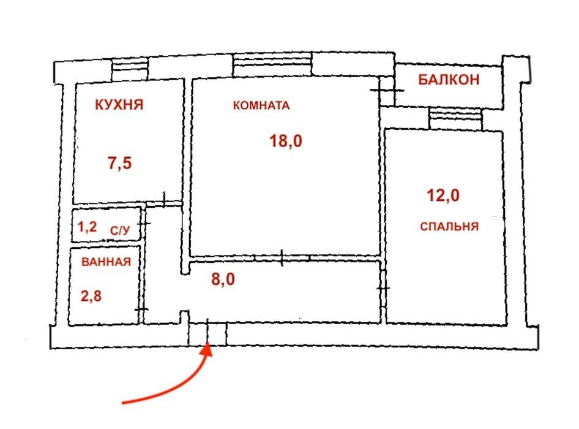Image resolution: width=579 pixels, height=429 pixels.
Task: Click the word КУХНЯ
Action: coord(119,105)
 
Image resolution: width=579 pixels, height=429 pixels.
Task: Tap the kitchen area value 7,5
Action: coord(119,163)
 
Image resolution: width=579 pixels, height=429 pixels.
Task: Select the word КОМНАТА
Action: coord(261,106)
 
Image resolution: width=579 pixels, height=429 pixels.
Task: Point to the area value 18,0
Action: coord(286,142)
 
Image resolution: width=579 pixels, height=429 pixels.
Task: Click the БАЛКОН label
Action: coord(449,80)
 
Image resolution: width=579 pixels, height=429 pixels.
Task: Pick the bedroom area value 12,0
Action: coord(443,196)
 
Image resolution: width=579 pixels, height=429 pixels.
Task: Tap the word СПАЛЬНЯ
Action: coord(449,226)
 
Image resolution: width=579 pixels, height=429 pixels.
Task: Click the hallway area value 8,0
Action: coord(223,279)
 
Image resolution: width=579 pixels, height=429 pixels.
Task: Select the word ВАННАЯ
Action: coord(106,262)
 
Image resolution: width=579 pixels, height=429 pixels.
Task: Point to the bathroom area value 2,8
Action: coord(91,296)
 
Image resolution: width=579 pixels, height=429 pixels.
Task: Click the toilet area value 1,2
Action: coord(87,226)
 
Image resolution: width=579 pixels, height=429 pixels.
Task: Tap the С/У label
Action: coord(120,231)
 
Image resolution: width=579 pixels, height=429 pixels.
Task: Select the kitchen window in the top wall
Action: coord(130,69)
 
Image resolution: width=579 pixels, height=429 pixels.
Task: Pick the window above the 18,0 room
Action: coord(272,64)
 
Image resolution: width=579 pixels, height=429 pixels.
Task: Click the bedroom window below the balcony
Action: coord(455,118)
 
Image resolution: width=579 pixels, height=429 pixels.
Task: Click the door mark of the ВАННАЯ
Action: coord(141,309)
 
